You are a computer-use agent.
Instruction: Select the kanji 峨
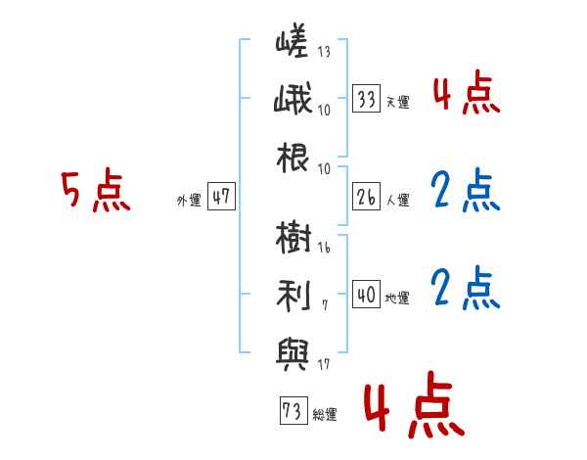click(293, 99)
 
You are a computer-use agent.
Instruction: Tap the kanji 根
click(293, 158)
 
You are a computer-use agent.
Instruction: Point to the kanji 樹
click(293, 237)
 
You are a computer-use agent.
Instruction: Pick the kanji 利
click(293, 296)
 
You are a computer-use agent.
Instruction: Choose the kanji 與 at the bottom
click(293, 354)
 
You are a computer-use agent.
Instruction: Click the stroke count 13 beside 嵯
click(324, 51)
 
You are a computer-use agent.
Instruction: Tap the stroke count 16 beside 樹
click(324, 247)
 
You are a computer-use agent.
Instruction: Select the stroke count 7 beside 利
click(325, 305)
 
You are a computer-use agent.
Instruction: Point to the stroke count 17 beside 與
click(324, 364)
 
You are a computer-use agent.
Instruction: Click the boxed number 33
click(367, 99)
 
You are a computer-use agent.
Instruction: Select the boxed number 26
click(367, 197)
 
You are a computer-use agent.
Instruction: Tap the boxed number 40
click(367, 294)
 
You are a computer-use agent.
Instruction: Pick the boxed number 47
click(221, 197)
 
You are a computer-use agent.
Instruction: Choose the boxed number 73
click(293, 410)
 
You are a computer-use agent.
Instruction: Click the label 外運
click(189, 201)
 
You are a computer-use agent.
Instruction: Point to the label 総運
click(325, 415)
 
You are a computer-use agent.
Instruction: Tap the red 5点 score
click(96, 190)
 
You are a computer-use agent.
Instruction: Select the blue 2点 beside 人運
click(466, 190)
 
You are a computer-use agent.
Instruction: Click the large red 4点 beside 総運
click(415, 404)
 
